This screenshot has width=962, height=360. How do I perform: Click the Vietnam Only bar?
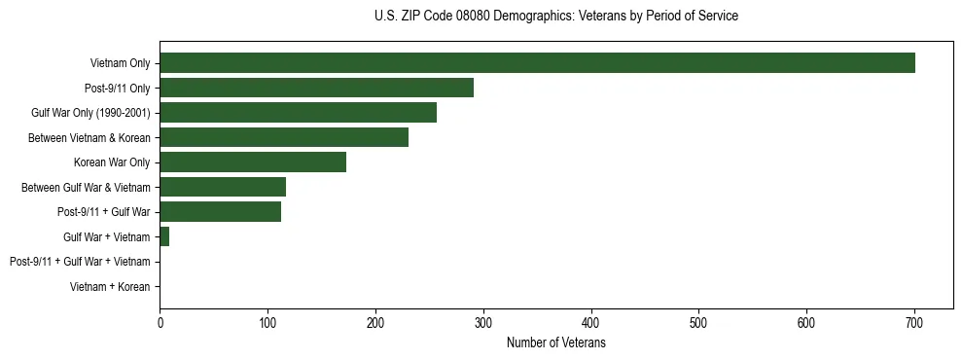(537, 63)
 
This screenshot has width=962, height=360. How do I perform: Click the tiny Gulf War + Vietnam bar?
(164, 236)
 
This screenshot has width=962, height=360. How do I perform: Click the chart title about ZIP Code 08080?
(555, 17)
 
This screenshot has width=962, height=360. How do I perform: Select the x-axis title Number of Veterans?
(555, 343)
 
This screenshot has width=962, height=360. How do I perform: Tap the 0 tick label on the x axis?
(160, 324)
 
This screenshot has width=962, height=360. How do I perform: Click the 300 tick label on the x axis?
(482, 324)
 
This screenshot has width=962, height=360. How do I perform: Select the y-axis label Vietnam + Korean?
(110, 287)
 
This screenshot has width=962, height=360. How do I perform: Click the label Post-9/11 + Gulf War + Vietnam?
(80, 262)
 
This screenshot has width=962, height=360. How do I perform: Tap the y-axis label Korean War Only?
(112, 162)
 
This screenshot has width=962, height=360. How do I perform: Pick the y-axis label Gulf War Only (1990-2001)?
(90, 113)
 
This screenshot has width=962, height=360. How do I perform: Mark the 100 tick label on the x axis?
(267, 324)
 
